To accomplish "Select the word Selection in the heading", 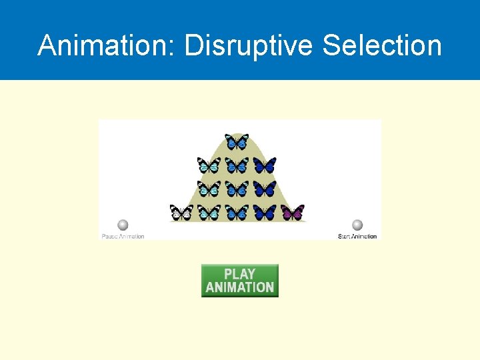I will pos(382,46).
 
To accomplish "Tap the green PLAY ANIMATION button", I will pos(240,281).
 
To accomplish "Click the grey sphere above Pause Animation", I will pos(123,225).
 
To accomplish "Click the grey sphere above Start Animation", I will pos(357,225).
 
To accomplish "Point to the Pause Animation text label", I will pos(123,236).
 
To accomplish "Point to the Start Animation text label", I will pos(357,236).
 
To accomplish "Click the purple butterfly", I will pos(293,213).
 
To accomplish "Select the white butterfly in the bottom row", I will pos(181,213).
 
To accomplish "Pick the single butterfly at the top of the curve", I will pos(237,141).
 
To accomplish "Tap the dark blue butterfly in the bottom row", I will pos(265,213).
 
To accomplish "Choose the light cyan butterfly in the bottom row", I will pos(209,213).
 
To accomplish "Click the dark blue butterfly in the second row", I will pos(265,165).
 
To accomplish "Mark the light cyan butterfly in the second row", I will pos(209,165).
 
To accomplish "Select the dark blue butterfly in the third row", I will pos(265,189).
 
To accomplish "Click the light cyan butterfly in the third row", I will pos(209,189).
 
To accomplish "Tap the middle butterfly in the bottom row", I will pos(237,213).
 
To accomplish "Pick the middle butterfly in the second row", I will pos(237,165).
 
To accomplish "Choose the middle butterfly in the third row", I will pos(237,189).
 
